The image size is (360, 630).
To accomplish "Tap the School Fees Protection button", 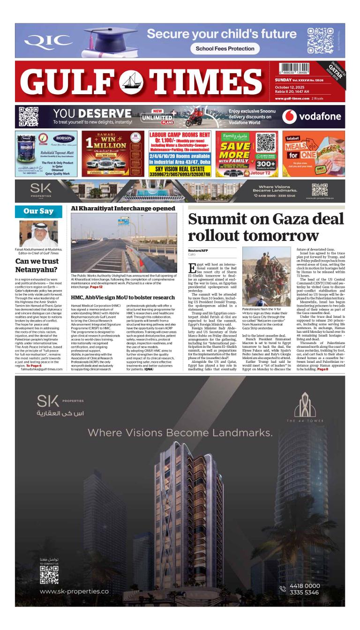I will (225, 48).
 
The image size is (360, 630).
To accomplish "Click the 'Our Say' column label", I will (38, 211).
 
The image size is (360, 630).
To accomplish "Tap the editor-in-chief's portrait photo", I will (38, 233).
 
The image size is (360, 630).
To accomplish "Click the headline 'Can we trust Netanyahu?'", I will (37, 265).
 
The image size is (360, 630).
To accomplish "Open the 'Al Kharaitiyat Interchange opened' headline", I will (123, 209).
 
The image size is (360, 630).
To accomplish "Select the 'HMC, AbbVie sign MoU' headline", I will (123, 297).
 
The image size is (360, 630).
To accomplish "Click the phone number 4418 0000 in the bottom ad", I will (305, 586).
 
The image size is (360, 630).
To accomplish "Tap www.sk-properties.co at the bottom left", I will (74, 592).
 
